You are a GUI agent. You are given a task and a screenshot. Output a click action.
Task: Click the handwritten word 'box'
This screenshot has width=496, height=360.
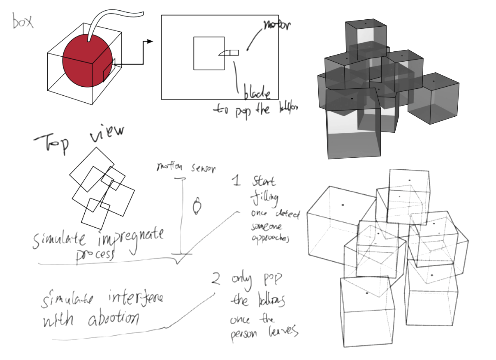pos(23,21)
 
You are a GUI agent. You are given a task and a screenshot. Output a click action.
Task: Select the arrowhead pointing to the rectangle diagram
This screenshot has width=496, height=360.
pos(150,42)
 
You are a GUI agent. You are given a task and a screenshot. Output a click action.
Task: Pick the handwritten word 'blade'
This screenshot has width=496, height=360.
pos(257,94)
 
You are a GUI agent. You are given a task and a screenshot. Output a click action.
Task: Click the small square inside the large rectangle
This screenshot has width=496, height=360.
pos(209,53)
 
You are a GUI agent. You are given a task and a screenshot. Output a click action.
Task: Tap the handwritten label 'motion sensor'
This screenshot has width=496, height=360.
pos(185,168)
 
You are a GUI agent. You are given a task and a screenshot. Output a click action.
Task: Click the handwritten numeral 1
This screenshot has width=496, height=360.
pos(236,181)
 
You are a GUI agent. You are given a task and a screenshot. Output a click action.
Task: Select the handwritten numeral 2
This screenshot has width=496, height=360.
pos(216,279)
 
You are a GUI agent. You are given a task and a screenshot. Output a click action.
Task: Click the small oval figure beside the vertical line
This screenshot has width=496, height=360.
pos(197,206)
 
